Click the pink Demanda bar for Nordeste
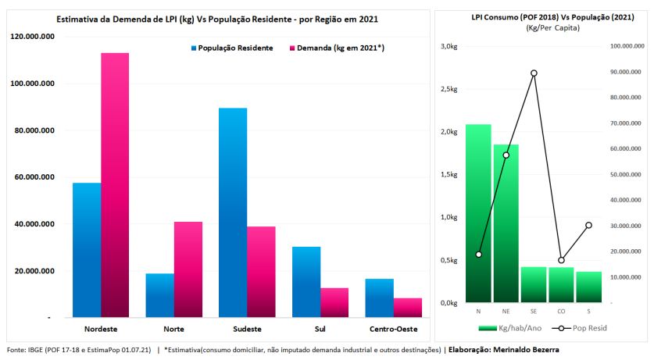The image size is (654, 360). click(115, 185)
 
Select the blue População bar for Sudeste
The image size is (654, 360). click(233, 212)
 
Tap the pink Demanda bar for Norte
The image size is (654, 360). click(188, 269)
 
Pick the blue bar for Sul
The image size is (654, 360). click(306, 282)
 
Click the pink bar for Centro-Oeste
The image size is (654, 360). click(408, 308)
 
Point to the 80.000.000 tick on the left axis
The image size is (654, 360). click(32, 130)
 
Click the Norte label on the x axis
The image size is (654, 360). click(173, 329)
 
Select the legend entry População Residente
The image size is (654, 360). click(232, 48)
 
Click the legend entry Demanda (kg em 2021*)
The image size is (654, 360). click(337, 48)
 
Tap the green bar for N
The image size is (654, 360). click(478, 213)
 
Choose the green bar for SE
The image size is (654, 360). click(534, 284)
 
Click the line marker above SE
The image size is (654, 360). click(534, 73)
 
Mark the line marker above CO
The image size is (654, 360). click(561, 260)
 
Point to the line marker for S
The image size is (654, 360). click(588, 225)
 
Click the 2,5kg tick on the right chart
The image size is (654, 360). click(449, 89)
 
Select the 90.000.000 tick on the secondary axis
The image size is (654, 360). click(625, 72)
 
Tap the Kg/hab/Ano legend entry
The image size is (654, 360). click(509, 328)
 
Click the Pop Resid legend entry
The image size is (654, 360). click(579, 328)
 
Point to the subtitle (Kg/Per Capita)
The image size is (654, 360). click(552, 28)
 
